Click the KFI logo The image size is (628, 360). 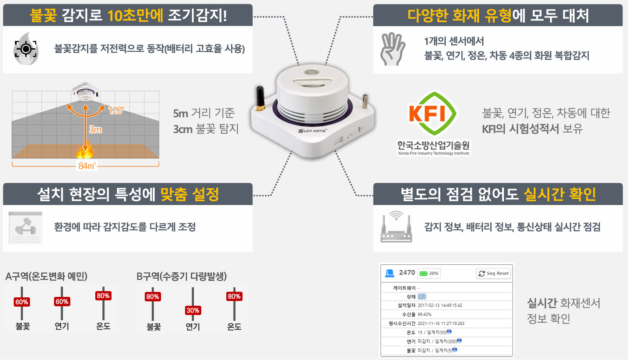point(433,114)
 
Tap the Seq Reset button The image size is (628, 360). point(494,273)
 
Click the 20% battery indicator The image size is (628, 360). point(429,273)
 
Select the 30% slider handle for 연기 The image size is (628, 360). point(193,310)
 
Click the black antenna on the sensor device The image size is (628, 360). point(260,98)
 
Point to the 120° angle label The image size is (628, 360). point(116,110)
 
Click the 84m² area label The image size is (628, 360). point(87,165)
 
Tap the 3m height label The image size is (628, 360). point(95,130)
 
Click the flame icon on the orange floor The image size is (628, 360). point(85,151)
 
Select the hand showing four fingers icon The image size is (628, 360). point(392,49)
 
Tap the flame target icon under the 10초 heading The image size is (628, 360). point(26,49)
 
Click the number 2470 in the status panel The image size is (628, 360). point(407,273)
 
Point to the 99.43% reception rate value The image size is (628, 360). point(424,314)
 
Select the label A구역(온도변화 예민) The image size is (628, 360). point(46,276)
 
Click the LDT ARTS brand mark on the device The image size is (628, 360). point(312,131)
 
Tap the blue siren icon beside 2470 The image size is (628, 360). point(390,273)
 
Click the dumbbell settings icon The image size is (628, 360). point(25,227)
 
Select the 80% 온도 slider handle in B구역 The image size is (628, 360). point(234,297)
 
